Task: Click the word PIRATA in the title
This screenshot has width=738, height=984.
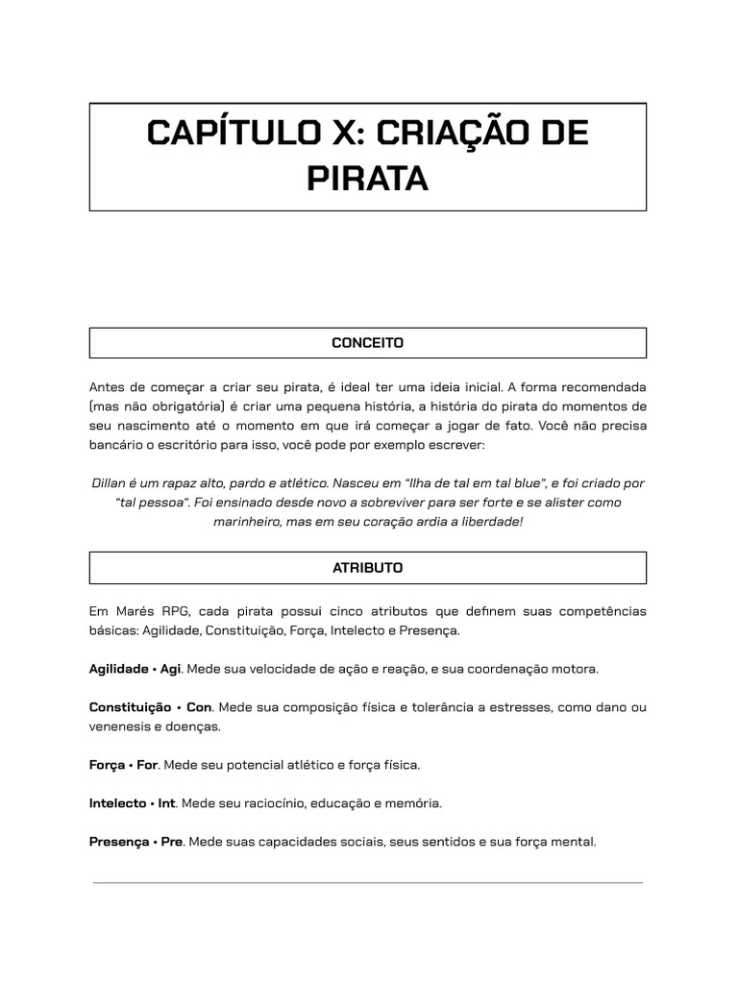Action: [x=367, y=178]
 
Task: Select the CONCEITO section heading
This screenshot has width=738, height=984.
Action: [x=367, y=343]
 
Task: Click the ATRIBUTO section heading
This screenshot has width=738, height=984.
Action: [x=367, y=568]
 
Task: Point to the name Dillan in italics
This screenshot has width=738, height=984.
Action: [x=110, y=483]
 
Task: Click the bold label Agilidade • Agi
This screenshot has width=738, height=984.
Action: [x=135, y=669]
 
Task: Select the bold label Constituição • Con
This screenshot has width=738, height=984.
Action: [x=150, y=707]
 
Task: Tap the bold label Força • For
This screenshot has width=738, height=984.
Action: [x=123, y=765]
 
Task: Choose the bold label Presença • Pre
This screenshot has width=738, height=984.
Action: [x=135, y=842]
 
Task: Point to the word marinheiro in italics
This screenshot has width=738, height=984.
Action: [x=247, y=522]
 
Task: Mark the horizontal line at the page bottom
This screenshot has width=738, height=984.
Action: [x=367, y=882]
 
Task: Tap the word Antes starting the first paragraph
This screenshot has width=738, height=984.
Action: [x=108, y=387]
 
